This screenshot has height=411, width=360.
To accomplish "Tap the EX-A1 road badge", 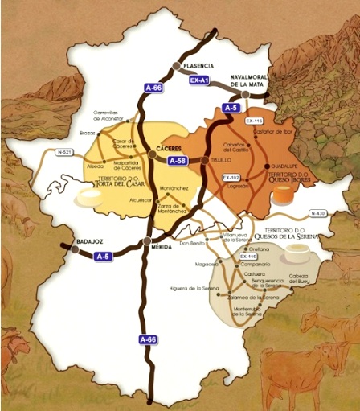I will pos(198,81).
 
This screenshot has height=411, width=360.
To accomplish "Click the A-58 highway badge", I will pos(178,161).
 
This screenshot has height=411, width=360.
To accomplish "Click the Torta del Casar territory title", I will pos(121,182).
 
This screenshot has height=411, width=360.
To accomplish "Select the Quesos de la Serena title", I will pos(287,236).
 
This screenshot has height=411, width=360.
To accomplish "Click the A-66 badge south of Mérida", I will pos(147,340).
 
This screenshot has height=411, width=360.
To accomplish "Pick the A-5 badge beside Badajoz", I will pos(103,256).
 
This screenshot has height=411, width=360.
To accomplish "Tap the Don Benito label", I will pos(193,242).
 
